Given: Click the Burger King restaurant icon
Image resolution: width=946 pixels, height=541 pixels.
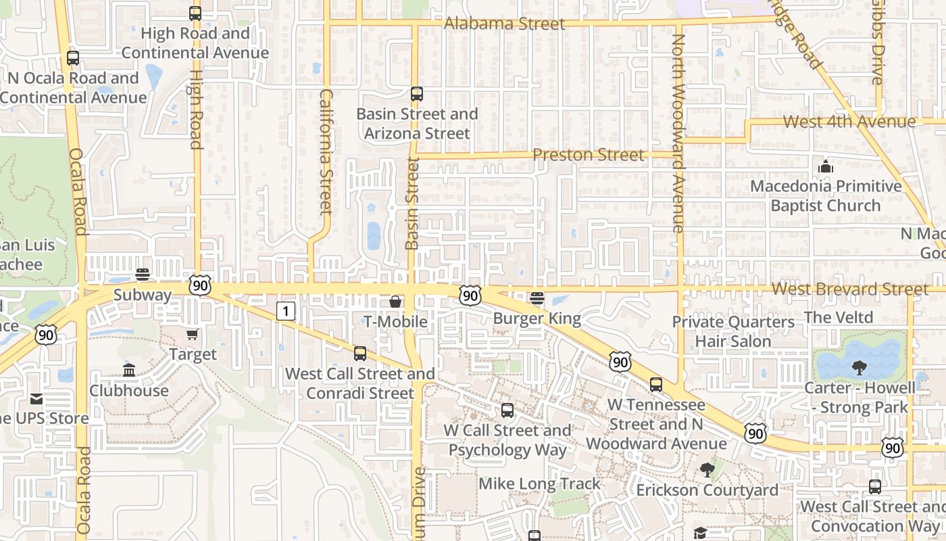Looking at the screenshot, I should (537, 298).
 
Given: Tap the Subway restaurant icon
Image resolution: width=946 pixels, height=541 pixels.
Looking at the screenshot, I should (142, 275).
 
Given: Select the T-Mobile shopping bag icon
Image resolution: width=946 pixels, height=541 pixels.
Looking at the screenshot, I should (395, 302).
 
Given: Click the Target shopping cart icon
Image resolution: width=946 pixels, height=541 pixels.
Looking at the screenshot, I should (193, 334).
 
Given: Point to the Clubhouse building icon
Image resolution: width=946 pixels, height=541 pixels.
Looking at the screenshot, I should (129, 370).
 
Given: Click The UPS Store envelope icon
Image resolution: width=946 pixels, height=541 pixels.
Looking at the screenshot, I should (36, 399).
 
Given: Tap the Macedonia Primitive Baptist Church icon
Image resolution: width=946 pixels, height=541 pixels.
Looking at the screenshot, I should (825, 166).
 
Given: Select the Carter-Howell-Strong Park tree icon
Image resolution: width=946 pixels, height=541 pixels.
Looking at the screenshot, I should (859, 367).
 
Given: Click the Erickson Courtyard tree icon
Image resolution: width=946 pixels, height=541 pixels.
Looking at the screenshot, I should (707, 469).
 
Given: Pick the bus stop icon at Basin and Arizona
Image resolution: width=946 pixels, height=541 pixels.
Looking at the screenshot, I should (417, 94).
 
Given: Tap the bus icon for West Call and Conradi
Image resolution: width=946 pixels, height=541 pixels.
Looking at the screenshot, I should (360, 353).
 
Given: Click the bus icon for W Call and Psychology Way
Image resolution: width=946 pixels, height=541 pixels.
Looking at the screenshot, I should (507, 410).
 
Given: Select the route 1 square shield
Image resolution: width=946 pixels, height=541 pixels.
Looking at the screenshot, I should (287, 311).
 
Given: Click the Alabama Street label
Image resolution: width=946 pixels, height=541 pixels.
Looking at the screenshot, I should (504, 24).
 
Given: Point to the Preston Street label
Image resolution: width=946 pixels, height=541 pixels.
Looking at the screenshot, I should (589, 155).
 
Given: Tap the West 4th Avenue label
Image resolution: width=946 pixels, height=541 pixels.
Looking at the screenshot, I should (849, 122).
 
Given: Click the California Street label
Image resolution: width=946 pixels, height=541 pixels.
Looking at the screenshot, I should (326, 151).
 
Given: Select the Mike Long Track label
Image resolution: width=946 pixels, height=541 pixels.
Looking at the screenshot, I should (539, 484).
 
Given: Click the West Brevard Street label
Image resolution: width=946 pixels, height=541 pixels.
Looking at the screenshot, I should (850, 289).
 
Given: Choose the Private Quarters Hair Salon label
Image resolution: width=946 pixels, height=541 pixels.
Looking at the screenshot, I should (733, 331).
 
